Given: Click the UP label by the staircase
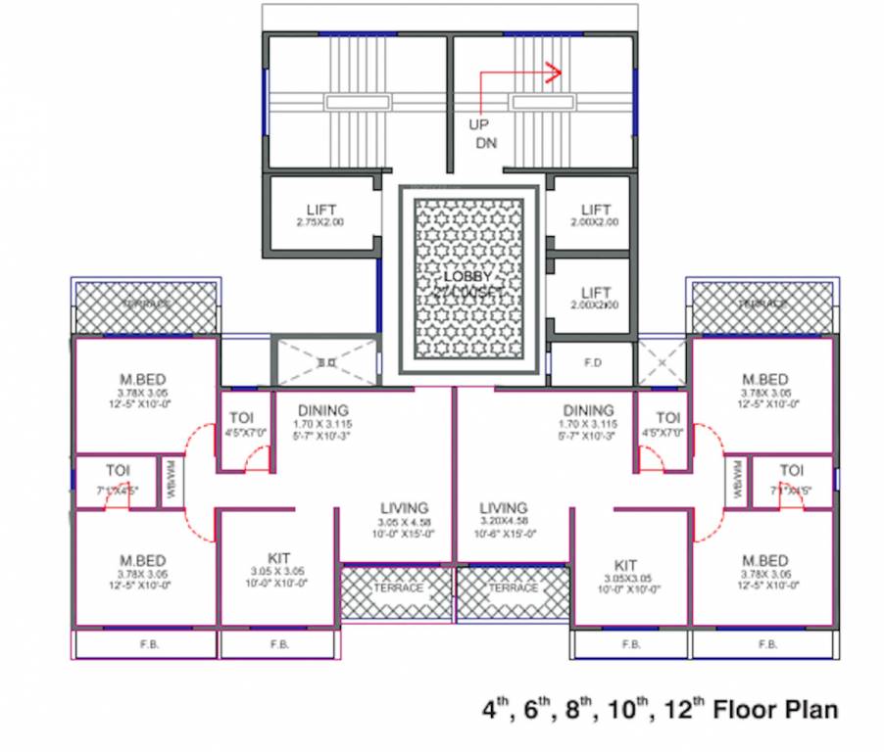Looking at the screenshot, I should (478, 125).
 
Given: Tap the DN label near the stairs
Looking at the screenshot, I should (487, 143).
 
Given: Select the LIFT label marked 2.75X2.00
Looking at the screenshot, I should (320, 210).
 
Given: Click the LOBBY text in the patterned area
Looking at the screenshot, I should (467, 278).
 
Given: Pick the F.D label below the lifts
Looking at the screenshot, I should (593, 362).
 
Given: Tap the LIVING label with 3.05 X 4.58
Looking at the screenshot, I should (405, 508).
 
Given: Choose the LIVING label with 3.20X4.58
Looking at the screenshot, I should (504, 508).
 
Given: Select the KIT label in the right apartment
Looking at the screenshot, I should (626, 565).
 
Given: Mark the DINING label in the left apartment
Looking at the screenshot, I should (323, 410).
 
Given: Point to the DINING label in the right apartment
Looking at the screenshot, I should (588, 410).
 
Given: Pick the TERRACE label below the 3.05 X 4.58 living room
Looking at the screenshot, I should (398, 587).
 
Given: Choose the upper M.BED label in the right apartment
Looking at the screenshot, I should (764, 379).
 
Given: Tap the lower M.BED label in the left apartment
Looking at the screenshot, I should (144, 560).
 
